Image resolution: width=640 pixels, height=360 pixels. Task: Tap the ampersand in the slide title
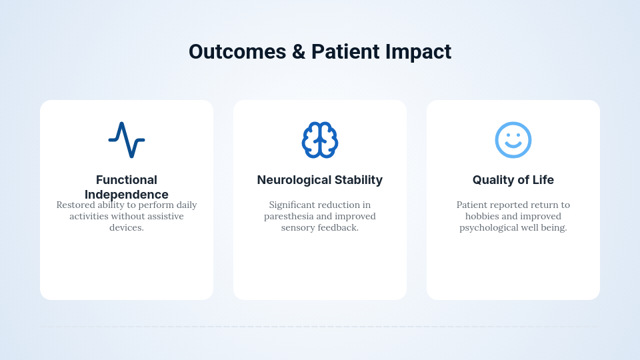pyautogui.click(x=299, y=52)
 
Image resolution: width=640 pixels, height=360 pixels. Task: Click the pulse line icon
pyautogui.click(x=127, y=140)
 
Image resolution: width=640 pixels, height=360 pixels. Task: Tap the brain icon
pyautogui.click(x=320, y=140)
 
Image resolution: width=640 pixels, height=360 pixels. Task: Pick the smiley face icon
pyautogui.click(x=513, y=140)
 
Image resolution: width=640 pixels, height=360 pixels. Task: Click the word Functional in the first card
pyautogui.click(x=127, y=180)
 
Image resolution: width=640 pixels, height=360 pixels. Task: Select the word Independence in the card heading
pyautogui.click(x=127, y=195)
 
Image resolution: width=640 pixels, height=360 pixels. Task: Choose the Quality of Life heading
pyautogui.click(x=513, y=180)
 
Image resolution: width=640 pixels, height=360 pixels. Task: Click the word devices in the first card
pyautogui.click(x=127, y=228)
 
